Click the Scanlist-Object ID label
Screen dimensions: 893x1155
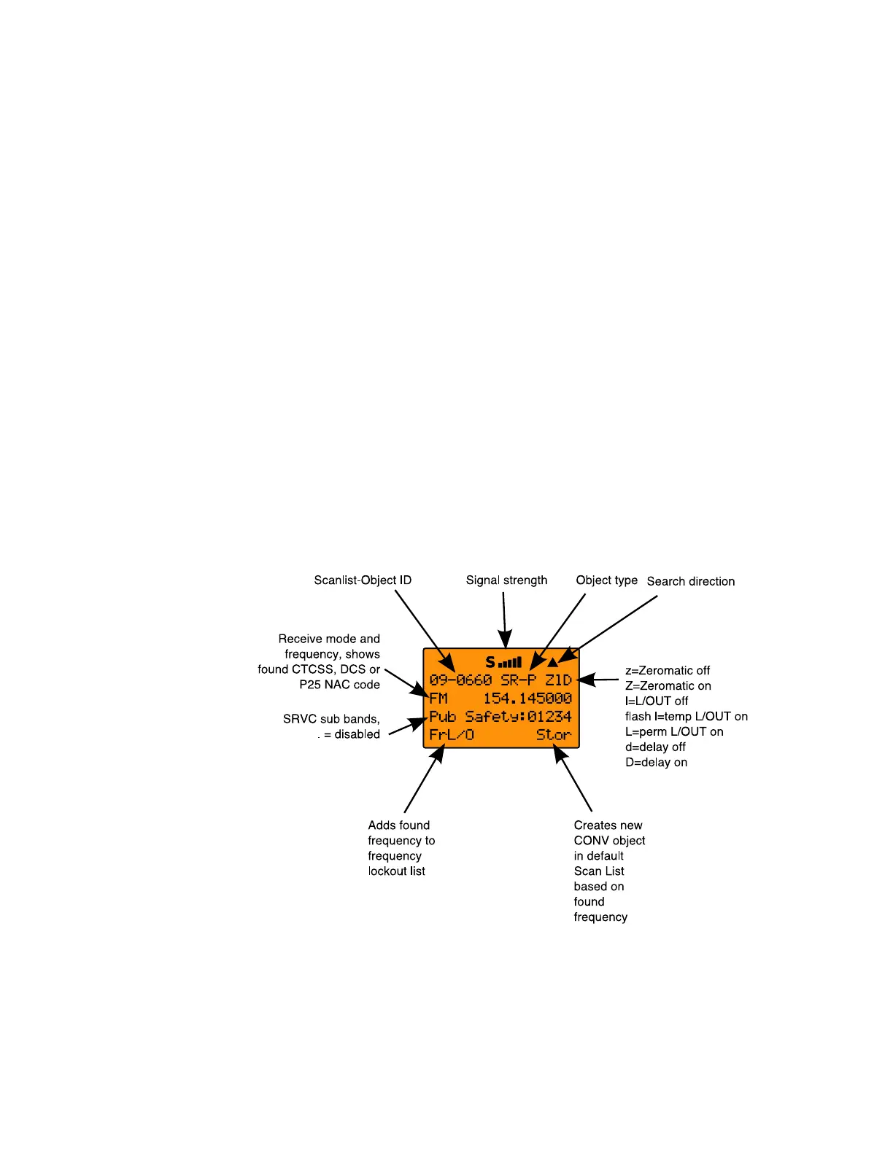point(363,580)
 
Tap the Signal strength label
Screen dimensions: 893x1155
point(506,580)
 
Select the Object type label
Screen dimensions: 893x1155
point(606,580)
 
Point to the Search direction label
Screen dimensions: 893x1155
point(690,582)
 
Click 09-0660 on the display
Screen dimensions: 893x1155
point(460,680)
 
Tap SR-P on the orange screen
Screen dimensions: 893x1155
point(518,680)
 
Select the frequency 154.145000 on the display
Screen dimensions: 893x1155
point(527,699)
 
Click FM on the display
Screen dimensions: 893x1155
point(438,699)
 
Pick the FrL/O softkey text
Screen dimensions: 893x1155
point(452,735)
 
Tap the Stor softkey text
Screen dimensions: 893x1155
point(554,735)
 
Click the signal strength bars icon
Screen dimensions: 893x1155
point(510,663)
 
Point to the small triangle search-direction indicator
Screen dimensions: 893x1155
point(553,662)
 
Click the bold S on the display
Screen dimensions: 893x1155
point(490,662)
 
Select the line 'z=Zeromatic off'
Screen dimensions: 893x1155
point(667,671)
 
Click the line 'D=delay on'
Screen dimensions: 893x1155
point(656,763)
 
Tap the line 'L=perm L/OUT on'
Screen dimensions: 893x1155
point(674,732)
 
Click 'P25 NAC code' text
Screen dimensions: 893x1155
point(339,685)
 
